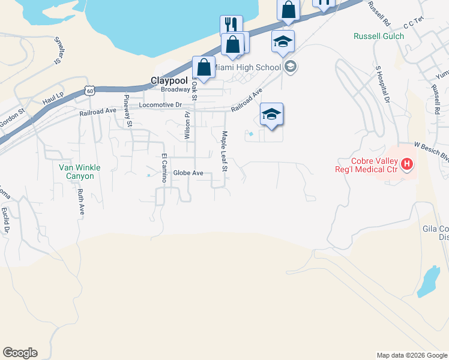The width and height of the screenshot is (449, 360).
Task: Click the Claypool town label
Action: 169,80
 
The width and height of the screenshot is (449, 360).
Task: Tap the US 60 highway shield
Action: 89,91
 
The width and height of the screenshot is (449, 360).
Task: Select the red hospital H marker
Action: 408,164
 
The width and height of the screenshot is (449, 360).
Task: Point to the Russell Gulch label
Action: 379,36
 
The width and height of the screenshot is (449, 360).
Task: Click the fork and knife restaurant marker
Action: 231,25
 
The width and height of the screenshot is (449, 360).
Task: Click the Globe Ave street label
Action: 188,173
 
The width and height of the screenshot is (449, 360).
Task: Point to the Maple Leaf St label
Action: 224,151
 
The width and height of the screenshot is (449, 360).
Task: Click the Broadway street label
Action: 175,89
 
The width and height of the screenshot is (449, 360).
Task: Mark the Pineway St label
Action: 128,111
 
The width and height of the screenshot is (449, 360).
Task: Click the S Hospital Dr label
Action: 383,86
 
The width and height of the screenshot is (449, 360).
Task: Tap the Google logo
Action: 20,353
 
